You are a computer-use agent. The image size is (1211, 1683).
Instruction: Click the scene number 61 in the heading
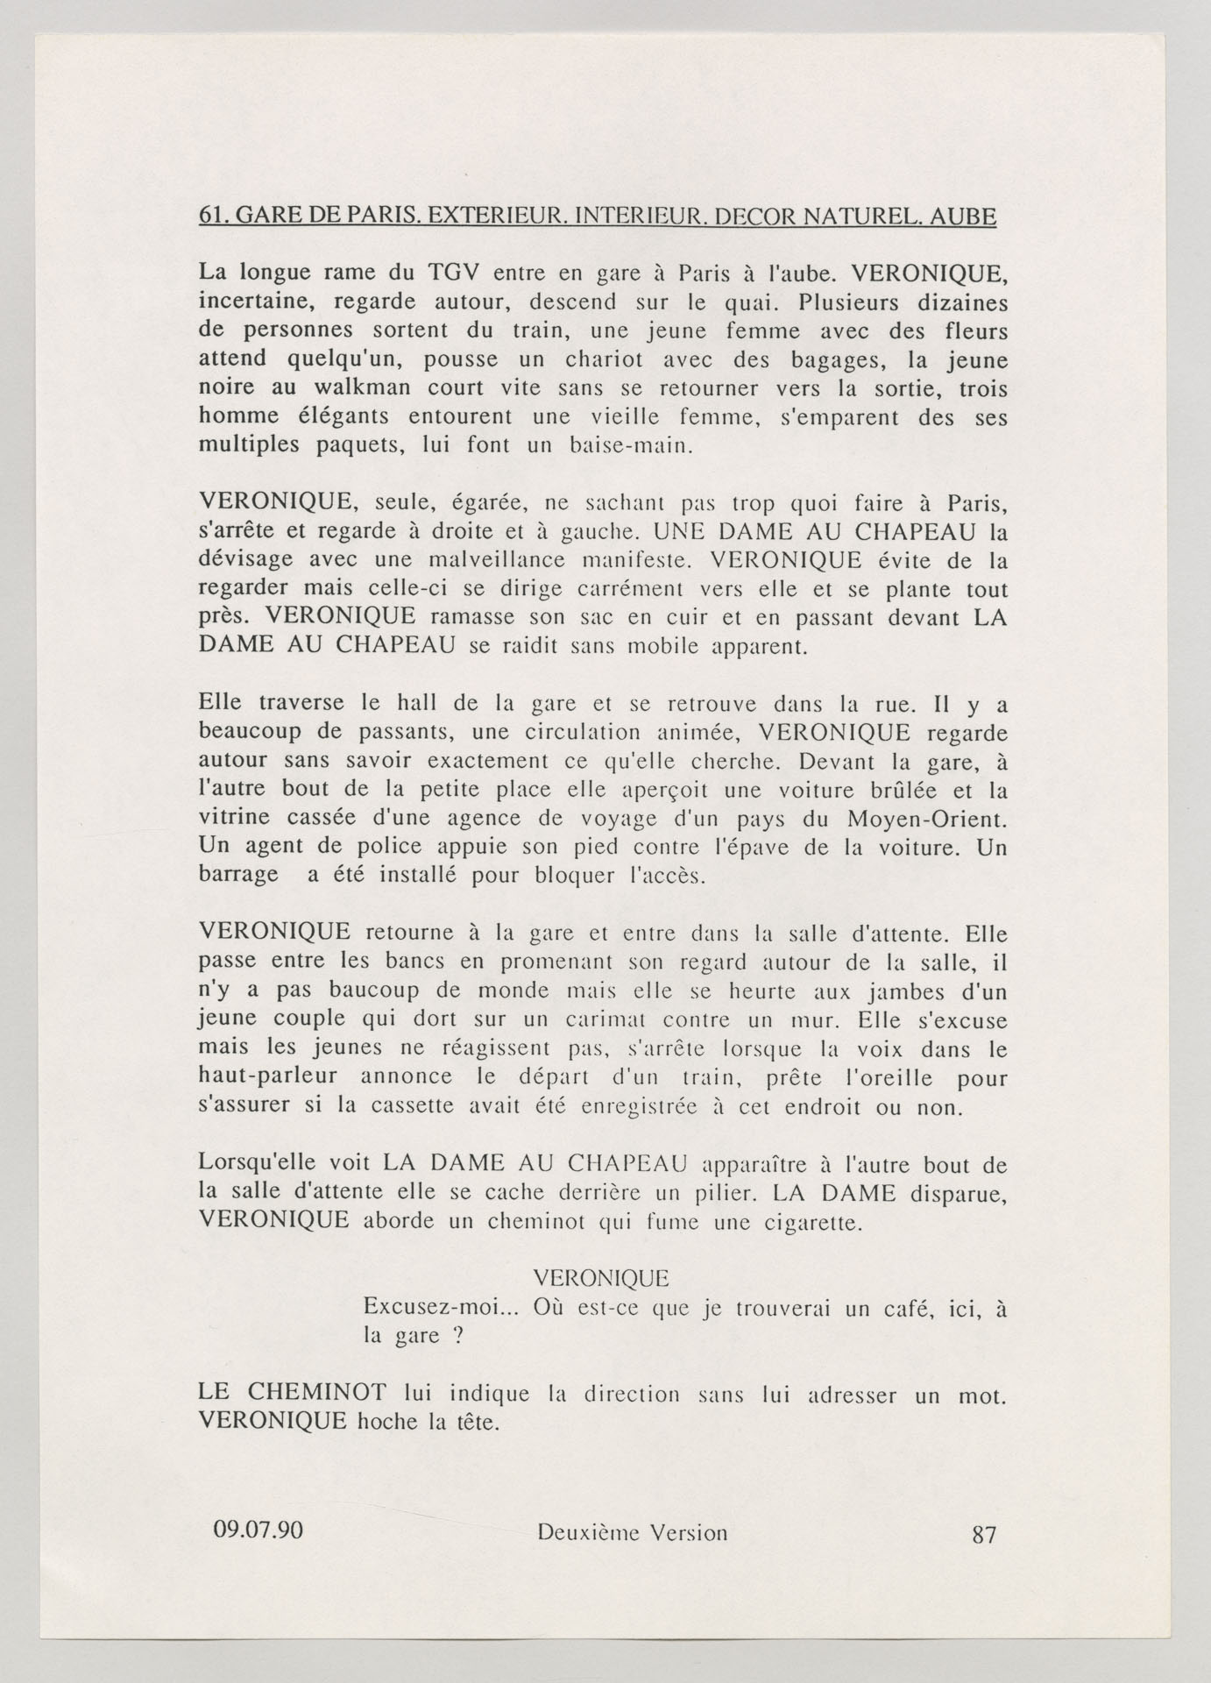(x=210, y=217)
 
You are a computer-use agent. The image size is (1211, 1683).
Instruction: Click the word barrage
(x=239, y=876)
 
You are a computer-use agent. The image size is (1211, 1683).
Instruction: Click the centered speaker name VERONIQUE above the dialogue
(x=601, y=1278)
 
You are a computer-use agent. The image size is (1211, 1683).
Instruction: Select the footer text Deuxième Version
(x=632, y=1532)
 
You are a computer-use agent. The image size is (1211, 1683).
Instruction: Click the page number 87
(x=984, y=1534)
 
